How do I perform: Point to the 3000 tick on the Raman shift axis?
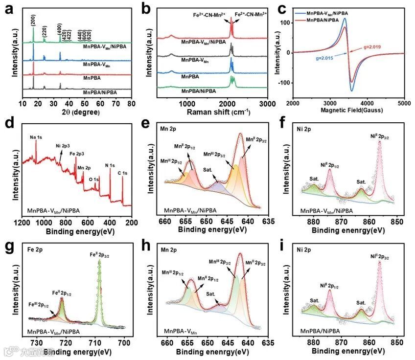267,104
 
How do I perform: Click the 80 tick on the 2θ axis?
131,104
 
